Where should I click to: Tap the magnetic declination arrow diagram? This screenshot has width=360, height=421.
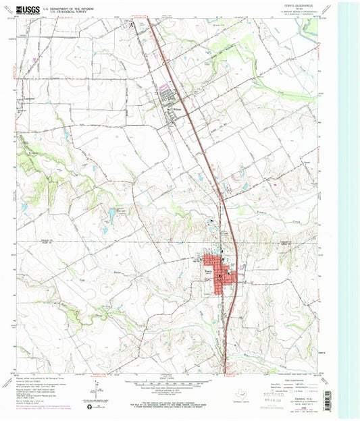point(93,391)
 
